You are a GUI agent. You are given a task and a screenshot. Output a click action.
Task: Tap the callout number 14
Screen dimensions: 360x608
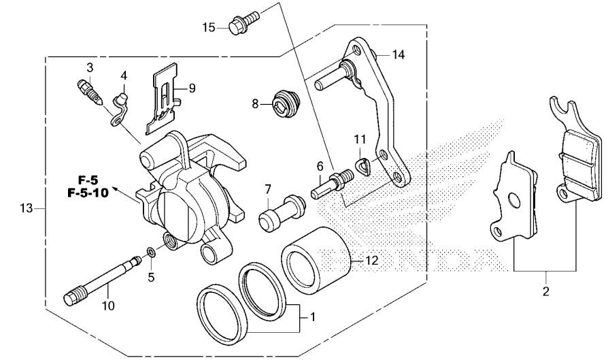398,54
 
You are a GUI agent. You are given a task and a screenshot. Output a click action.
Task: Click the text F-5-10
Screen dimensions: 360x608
88,193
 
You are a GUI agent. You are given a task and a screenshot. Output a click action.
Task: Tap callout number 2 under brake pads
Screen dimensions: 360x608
545,293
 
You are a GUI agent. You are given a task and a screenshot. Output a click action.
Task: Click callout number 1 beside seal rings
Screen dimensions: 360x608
312,316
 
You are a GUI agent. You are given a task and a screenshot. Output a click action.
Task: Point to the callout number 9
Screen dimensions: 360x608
192,88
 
